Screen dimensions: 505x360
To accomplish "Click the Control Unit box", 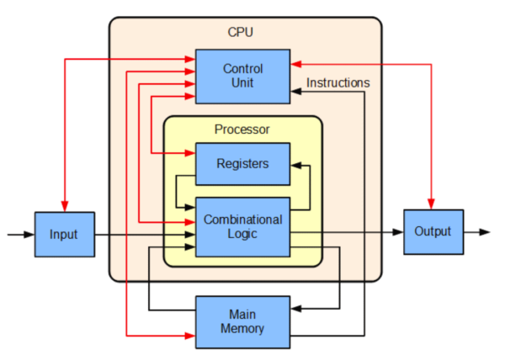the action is click(243, 77).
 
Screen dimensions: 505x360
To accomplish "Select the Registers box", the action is click(243, 164).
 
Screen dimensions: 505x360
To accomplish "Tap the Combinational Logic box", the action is click(243, 227).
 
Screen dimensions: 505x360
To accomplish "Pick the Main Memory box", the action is click(243, 322).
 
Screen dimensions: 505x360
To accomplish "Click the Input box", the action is click(65, 234).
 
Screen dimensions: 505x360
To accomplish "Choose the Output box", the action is click(433, 232).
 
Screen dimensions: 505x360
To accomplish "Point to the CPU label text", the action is click(240, 32).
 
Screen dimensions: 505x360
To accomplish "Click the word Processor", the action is click(242, 130).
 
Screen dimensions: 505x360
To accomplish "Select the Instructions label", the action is click(338, 82).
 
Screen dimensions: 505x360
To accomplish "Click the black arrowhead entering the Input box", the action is click(29, 235).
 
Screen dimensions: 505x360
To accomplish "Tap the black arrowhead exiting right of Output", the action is click(485, 232).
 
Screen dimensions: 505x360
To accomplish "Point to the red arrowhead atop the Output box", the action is click(431, 204).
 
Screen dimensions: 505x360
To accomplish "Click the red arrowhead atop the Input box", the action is click(65, 206).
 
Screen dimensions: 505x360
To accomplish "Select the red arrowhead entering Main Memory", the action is click(190, 336).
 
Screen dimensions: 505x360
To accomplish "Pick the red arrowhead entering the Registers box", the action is click(190, 153).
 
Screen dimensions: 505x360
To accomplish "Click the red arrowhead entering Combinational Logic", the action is click(190, 222).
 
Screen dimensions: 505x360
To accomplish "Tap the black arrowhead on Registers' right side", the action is click(296, 166).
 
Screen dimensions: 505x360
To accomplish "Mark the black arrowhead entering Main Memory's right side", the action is click(296, 309).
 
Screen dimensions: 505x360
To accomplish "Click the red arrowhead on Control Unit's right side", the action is click(296, 64).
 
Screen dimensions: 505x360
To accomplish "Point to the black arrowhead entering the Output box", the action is click(398, 232).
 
